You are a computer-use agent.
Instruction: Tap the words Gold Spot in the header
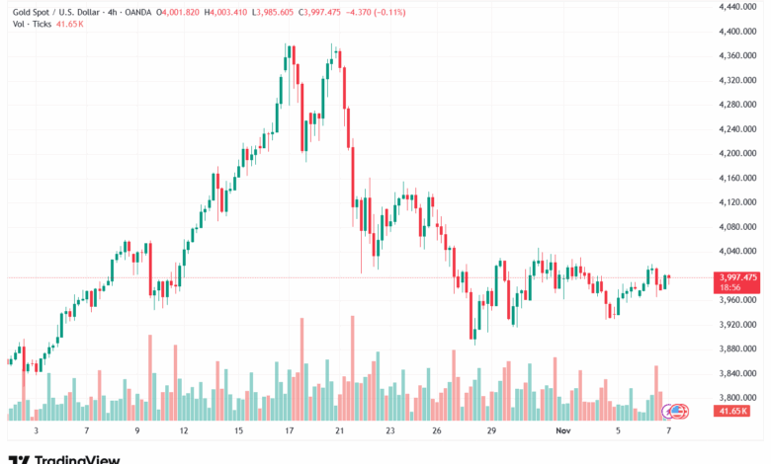29,10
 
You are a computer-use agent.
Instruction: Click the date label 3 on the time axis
35,430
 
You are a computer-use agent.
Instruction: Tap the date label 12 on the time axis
184,430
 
